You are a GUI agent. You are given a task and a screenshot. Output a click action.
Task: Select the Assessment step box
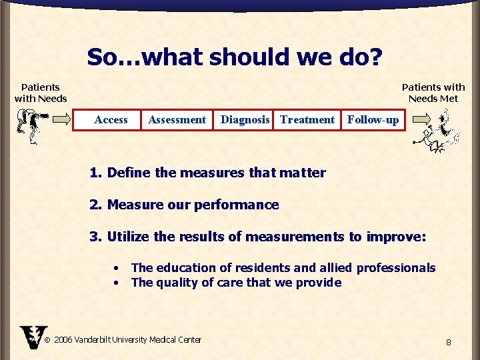177,120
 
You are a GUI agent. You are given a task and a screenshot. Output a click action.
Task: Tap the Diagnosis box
245,120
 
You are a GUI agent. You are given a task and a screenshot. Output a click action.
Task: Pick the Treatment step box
307,120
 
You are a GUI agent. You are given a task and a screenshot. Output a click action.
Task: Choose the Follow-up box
373,120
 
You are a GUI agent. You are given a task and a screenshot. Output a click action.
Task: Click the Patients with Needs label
41,93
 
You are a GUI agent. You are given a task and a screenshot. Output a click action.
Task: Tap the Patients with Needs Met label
433,93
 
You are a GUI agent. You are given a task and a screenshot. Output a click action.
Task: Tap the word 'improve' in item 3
395,236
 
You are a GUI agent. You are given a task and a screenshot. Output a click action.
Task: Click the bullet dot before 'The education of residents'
117,268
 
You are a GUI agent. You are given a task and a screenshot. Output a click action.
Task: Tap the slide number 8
449,343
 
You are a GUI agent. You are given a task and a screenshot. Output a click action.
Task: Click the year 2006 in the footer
63,340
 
